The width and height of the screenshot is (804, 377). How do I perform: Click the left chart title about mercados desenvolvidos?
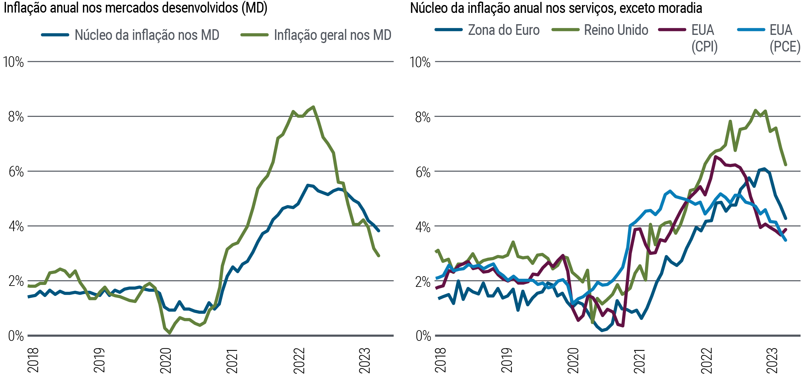click(x=135, y=8)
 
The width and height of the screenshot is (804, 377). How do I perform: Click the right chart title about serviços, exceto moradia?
click(x=556, y=8)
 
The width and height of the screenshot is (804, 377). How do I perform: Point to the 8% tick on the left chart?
click(x=16, y=117)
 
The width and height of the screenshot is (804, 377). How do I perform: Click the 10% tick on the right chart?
click(x=420, y=62)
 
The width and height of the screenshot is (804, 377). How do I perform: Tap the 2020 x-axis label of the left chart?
click(x=166, y=360)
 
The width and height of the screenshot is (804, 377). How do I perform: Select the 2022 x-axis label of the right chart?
click(x=706, y=360)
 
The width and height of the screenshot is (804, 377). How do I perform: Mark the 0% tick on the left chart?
click(x=16, y=336)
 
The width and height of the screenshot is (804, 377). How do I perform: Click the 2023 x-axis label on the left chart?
click(x=365, y=360)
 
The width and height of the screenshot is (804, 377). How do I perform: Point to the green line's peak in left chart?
click(x=313, y=107)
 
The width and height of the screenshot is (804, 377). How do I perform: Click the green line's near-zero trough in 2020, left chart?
click(x=170, y=333)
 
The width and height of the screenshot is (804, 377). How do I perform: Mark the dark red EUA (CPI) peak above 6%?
click(x=715, y=156)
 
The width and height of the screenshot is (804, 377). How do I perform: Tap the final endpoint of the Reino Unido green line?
click(x=786, y=165)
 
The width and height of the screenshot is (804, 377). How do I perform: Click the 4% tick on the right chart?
click(x=422, y=227)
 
